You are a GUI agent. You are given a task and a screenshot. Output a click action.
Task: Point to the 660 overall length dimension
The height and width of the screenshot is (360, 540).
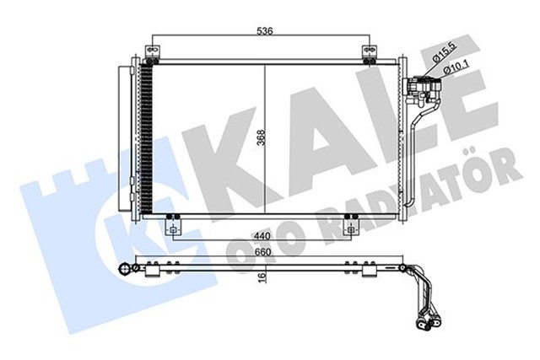coord(262,250)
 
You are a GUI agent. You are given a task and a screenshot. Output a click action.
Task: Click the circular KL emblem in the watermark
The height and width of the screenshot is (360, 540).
coord(118,228)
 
